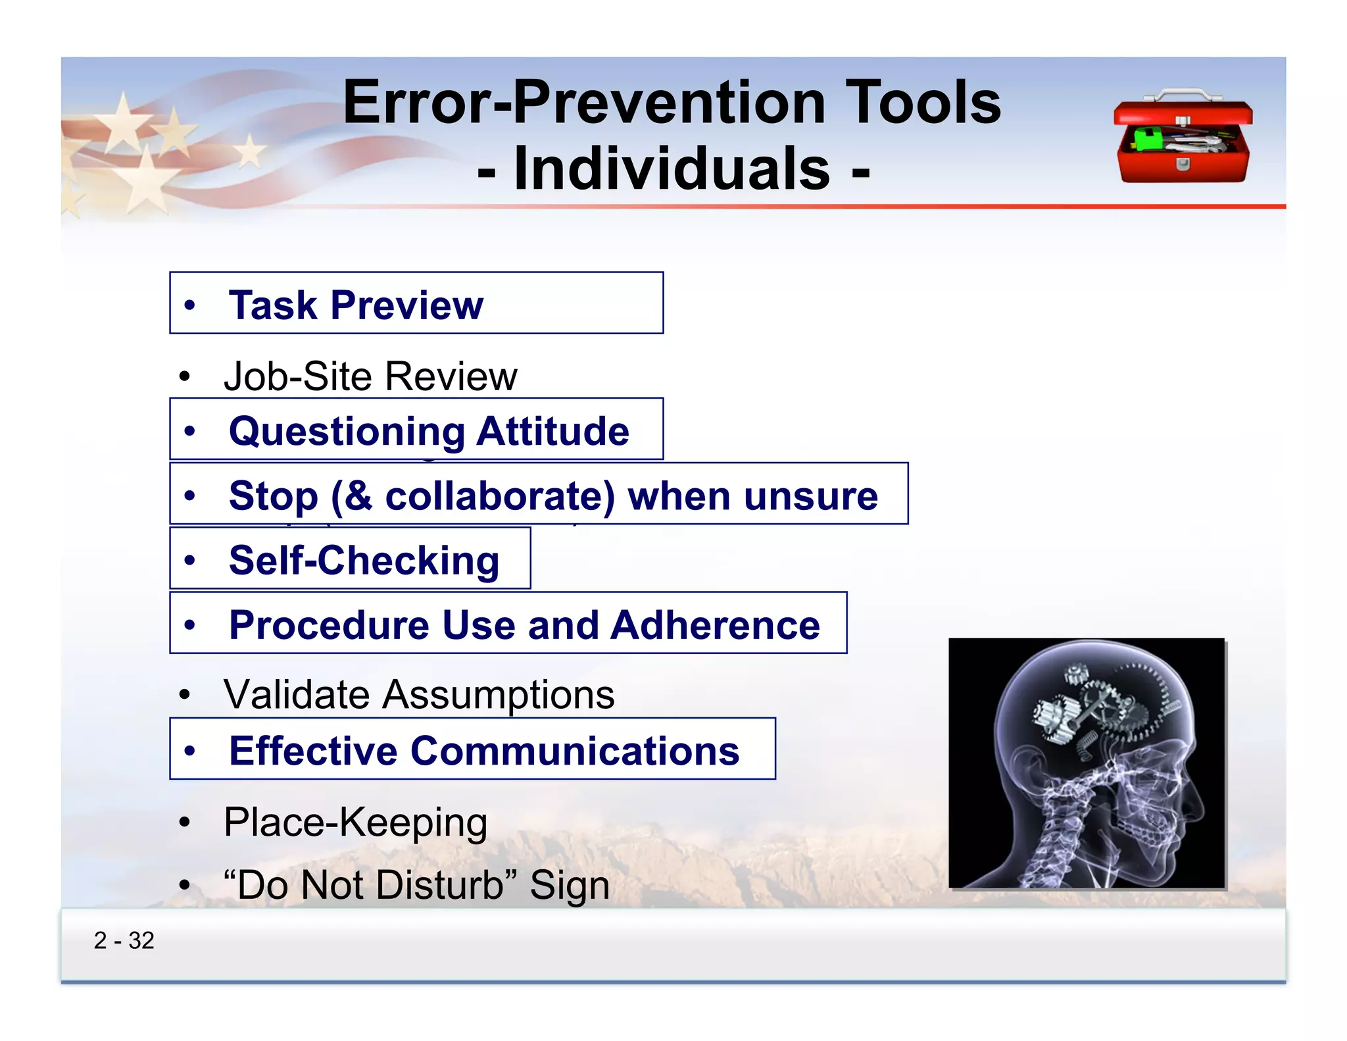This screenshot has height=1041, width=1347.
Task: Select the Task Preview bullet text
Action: click(356, 305)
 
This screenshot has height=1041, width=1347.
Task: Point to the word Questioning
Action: click(347, 432)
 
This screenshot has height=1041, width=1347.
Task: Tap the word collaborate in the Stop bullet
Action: click(499, 496)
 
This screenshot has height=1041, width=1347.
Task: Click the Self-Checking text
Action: click(364, 561)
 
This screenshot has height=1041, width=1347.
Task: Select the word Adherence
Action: click(715, 625)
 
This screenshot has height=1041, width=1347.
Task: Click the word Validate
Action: click(297, 695)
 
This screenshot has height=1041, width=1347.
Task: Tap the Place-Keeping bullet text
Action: click(355, 823)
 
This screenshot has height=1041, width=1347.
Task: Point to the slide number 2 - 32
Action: click(124, 941)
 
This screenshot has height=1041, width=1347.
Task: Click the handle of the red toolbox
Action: click(1182, 96)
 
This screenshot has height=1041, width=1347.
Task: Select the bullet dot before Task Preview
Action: click(190, 305)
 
